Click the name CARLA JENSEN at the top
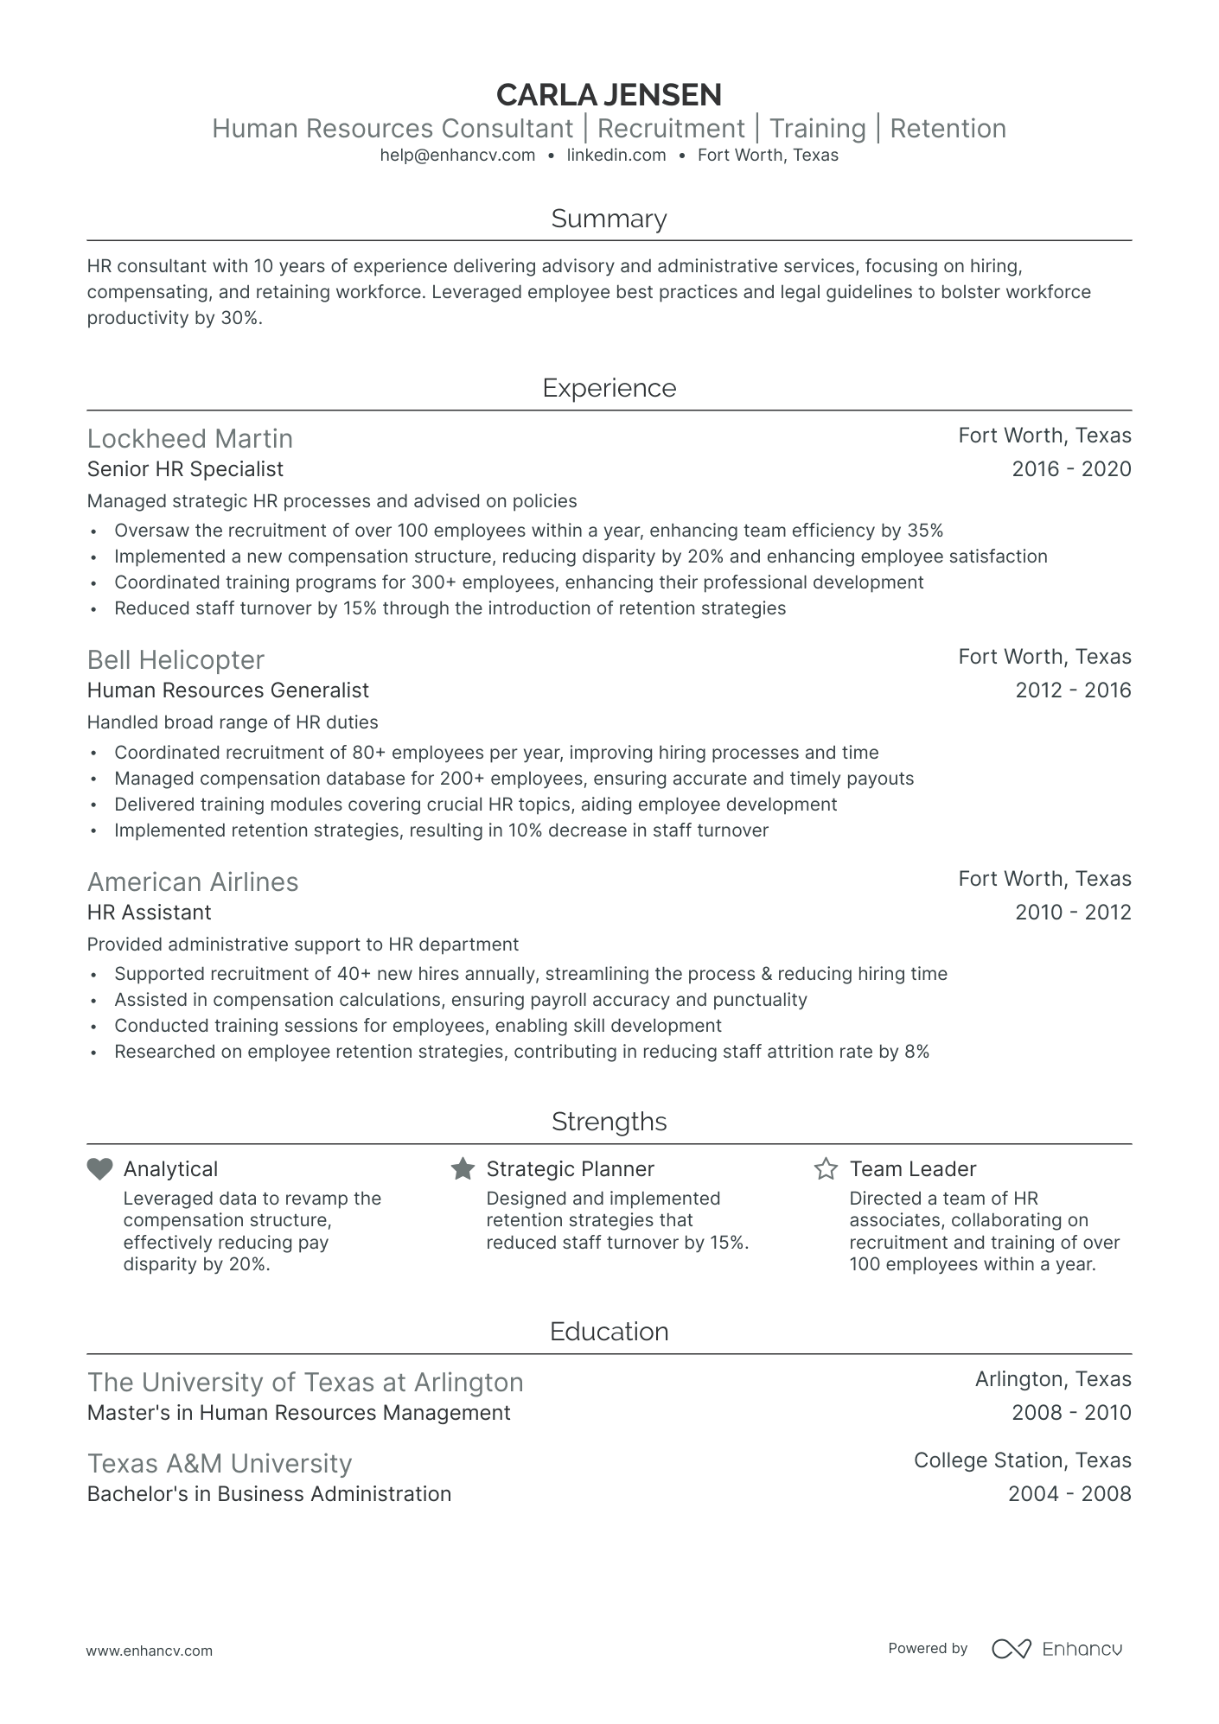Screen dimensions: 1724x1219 [609, 94]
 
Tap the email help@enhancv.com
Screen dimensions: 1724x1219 [457, 156]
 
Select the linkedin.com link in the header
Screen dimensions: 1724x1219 [616, 156]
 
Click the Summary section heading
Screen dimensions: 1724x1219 [609, 219]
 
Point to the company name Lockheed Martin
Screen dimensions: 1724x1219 [190, 439]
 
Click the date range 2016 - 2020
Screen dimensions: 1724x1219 [1071, 469]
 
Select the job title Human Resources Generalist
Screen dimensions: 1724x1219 [228, 690]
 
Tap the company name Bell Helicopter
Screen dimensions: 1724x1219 [176, 660]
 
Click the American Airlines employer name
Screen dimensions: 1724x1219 [193, 882]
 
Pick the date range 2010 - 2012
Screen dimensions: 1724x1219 [1073, 913]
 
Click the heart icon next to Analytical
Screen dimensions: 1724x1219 [100, 1169]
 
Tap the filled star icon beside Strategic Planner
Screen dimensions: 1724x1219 [463, 1169]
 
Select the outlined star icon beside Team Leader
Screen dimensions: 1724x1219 [826, 1169]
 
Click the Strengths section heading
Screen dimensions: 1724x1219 [609, 1122]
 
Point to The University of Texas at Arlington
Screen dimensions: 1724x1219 [305, 1383]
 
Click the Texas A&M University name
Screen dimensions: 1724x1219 [220, 1464]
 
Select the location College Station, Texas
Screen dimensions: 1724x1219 [1022, 1460]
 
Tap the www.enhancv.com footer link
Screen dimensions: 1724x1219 [150, 1651]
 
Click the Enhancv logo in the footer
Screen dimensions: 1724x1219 [1056, 1649]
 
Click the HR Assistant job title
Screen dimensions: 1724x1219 [150, 913]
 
